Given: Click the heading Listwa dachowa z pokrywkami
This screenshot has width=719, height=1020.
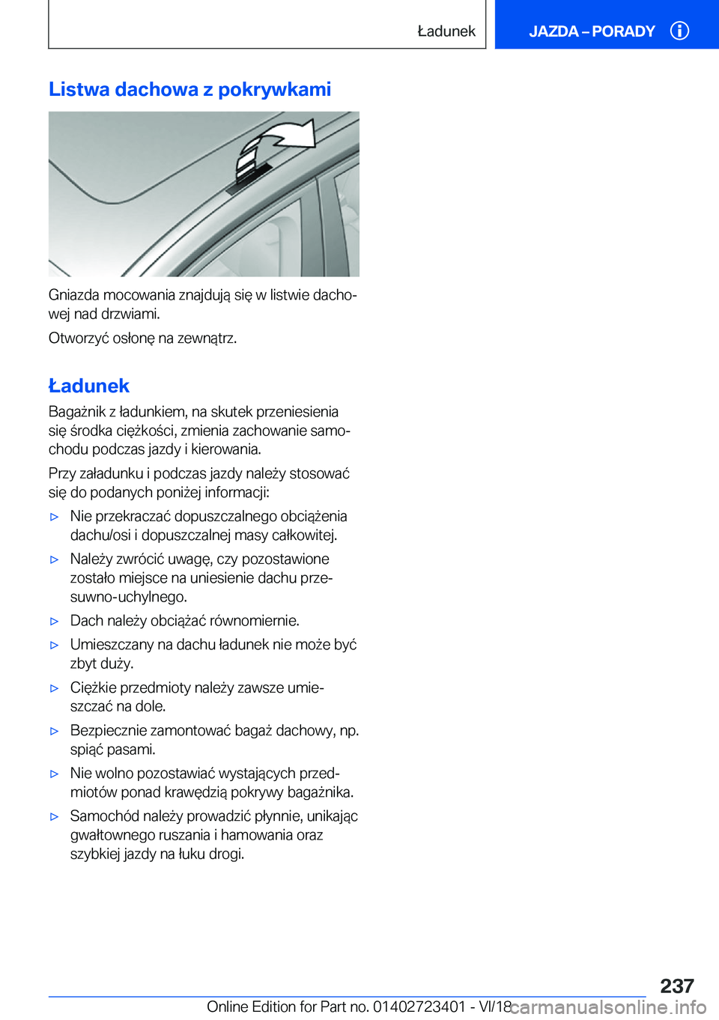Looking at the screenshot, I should point(189,90).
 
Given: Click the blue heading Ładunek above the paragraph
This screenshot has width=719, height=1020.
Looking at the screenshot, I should point(89,386).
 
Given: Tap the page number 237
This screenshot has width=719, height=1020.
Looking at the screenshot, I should point(676,986).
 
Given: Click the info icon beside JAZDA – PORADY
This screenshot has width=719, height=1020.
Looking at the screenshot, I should point(679,31).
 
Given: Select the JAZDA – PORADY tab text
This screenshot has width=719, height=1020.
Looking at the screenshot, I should point(592,31).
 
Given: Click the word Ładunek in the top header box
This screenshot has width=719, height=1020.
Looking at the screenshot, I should point(446,31).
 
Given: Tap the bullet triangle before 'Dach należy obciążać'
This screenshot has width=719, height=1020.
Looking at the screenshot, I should point(54,621).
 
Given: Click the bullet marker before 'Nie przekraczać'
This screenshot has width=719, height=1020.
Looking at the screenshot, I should point(54,517).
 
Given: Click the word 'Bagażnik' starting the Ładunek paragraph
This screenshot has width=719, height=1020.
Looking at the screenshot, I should point(77,412).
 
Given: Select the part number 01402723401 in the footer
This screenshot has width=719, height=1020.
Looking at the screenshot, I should point(419,1007).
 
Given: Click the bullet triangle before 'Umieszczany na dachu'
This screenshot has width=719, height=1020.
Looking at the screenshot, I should point(54,645).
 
